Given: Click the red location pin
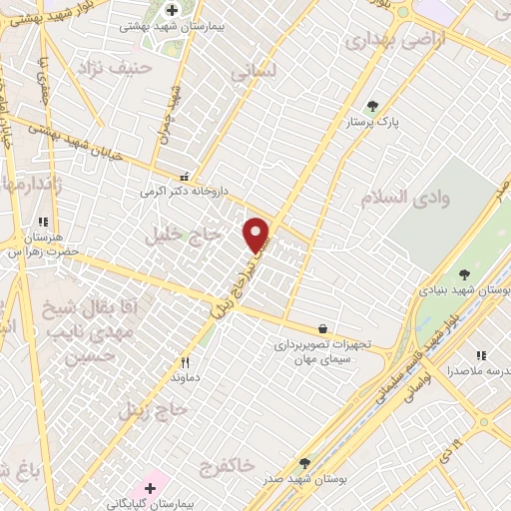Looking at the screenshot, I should (x=257, y=235).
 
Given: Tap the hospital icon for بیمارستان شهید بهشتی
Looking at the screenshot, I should (x=172, y=10).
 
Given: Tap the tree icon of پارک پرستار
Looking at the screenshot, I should (x=372, y=106).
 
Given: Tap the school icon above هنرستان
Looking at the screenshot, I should (x=42, y=222).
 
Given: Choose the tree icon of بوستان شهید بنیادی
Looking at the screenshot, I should (x=464, y=274).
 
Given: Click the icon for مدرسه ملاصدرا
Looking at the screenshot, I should (x=481, y=355).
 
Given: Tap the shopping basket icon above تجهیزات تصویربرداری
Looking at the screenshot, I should (x=322, y=328).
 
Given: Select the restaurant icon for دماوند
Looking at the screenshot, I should (x=185, y=363).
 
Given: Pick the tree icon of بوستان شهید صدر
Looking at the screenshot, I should (x=305, y=463).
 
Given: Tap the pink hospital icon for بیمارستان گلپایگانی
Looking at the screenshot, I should (x=150, y=487).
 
